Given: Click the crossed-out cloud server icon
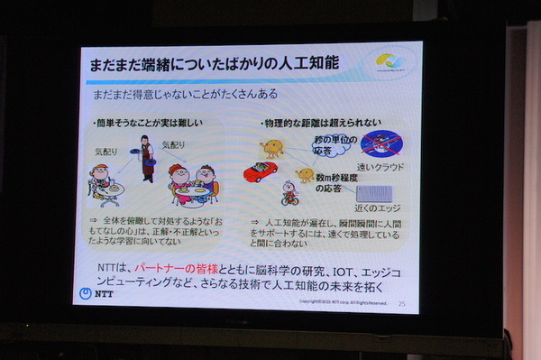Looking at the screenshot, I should coord(379,144).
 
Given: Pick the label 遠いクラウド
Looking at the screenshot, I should coord(381,167).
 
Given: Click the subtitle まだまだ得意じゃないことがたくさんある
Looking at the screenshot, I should coord(181,94).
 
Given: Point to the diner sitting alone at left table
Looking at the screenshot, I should coord(100,178).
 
